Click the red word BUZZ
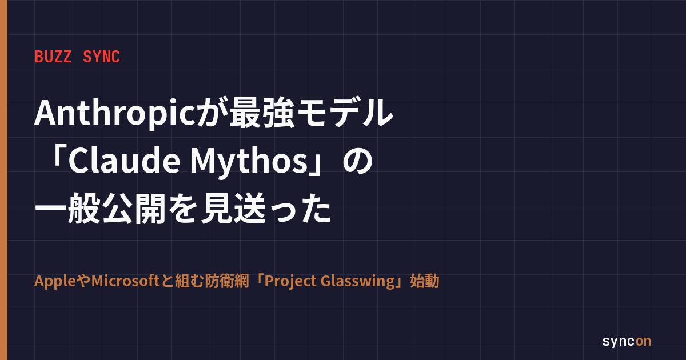coord(53,57)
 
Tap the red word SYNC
coord(101,57)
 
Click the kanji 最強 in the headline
coord(262,113)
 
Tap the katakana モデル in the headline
coord(345,113)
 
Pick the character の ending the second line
coord(357,161)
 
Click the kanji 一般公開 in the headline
coord(101,209)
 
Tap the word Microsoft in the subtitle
coord(126,281)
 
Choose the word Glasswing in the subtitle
coord(358,282)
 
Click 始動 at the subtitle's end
coord(425,281)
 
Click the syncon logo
coord(627,341)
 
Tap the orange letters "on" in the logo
coord(644,341)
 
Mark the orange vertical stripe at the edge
coord(3,180)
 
